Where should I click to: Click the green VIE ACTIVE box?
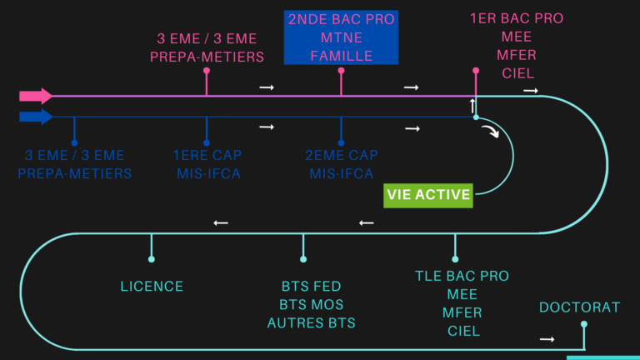click(x=428, y=196)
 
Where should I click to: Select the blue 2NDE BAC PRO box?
click(x=341, y=37)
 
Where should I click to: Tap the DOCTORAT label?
click(x=579, y=307)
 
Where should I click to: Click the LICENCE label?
click(x=152, y=286)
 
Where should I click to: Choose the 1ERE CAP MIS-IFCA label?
click(x=206, y=165)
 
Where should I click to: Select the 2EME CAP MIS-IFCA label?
click(x=340, y=165)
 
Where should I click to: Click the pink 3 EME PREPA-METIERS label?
click(x=207, y=47)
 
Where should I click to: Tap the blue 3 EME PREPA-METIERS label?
click(x=74, y=165)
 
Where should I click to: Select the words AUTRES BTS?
click(x=311, y=322)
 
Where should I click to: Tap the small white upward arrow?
click(x=473, y=106)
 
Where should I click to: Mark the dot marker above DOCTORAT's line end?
click(x=583, y=324)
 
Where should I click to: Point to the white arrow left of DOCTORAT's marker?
click(x=547, y=339)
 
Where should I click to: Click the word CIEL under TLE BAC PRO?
click(x=462, y=331)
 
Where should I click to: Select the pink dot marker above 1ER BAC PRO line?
click(x=476, y=71)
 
